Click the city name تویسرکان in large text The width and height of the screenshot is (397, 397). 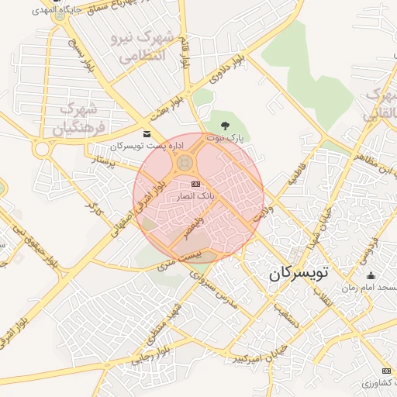click(x=299, y=273)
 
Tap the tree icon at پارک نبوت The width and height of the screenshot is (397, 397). click(x=226, y=124)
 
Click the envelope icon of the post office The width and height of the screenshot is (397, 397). click(x=147, y=133)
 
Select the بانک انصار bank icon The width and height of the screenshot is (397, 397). click(x=195, y=184)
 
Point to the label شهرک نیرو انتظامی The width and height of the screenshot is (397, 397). click(x=144, y=47)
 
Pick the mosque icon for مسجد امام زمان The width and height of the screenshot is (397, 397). click(x=370, y=275)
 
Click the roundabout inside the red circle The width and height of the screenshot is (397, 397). click(x=185, y=163)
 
